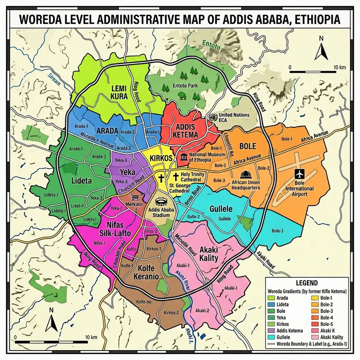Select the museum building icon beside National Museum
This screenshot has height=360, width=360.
tap(184, 157)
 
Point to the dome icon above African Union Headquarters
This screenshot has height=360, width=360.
tap(245, 174)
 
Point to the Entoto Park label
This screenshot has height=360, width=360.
tap(185, 85)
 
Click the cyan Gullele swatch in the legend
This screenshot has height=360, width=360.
tap(271, 337)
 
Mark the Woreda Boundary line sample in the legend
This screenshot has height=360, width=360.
tap(271, 343)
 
